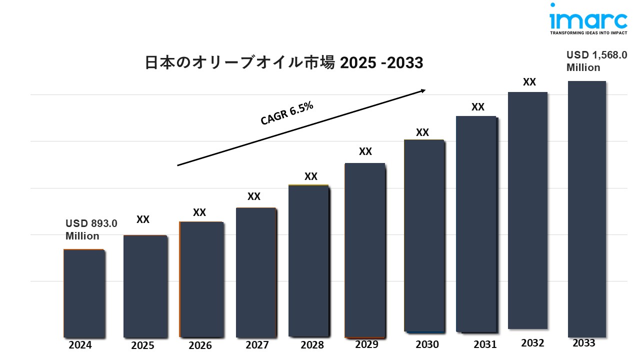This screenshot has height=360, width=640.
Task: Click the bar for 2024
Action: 84,293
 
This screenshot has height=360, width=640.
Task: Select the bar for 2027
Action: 256,272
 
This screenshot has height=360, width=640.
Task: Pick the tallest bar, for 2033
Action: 587,209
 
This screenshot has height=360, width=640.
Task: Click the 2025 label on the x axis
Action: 142,345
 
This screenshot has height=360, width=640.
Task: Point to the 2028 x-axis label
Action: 312,345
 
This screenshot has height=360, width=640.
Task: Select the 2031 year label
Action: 485,344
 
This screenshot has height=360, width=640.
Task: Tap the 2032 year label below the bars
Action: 532,343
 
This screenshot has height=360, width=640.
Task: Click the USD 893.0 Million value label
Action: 91,230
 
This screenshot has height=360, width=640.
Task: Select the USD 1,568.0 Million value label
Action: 596,61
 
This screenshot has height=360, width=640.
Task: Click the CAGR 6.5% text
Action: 287,113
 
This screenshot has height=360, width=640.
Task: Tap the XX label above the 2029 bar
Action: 365,152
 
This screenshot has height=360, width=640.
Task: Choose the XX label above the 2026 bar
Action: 199,212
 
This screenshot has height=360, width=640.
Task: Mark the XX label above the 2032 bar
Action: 529,82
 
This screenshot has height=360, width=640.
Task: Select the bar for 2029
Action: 365,250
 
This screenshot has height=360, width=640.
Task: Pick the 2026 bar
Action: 201,279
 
